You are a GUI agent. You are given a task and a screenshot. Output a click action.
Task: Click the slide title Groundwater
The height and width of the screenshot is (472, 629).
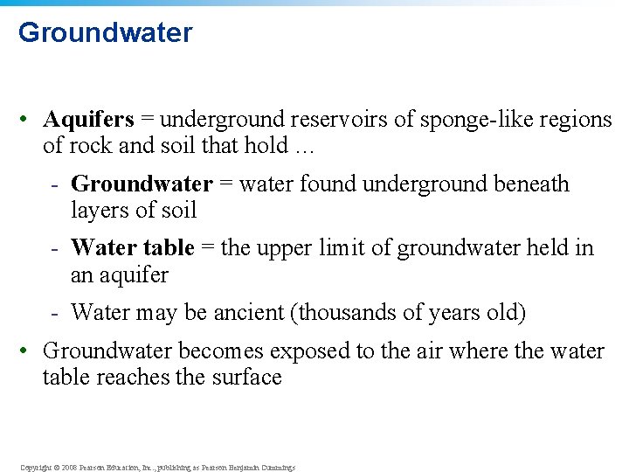(105, 32)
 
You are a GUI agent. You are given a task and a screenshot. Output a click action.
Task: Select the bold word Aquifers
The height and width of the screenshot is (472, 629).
(88, 119)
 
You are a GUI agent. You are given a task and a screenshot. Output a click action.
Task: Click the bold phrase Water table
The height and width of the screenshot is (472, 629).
(132, 248)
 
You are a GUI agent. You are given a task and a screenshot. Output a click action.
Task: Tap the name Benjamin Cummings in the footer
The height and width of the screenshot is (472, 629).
(261, 468)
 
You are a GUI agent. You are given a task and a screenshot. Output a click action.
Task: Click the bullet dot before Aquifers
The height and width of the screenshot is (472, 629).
(28, 120)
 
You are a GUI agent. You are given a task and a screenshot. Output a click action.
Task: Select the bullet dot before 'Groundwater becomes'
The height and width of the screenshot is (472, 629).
(28, 351)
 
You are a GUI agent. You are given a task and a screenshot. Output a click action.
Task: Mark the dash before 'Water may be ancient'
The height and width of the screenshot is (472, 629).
(55, 312)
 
